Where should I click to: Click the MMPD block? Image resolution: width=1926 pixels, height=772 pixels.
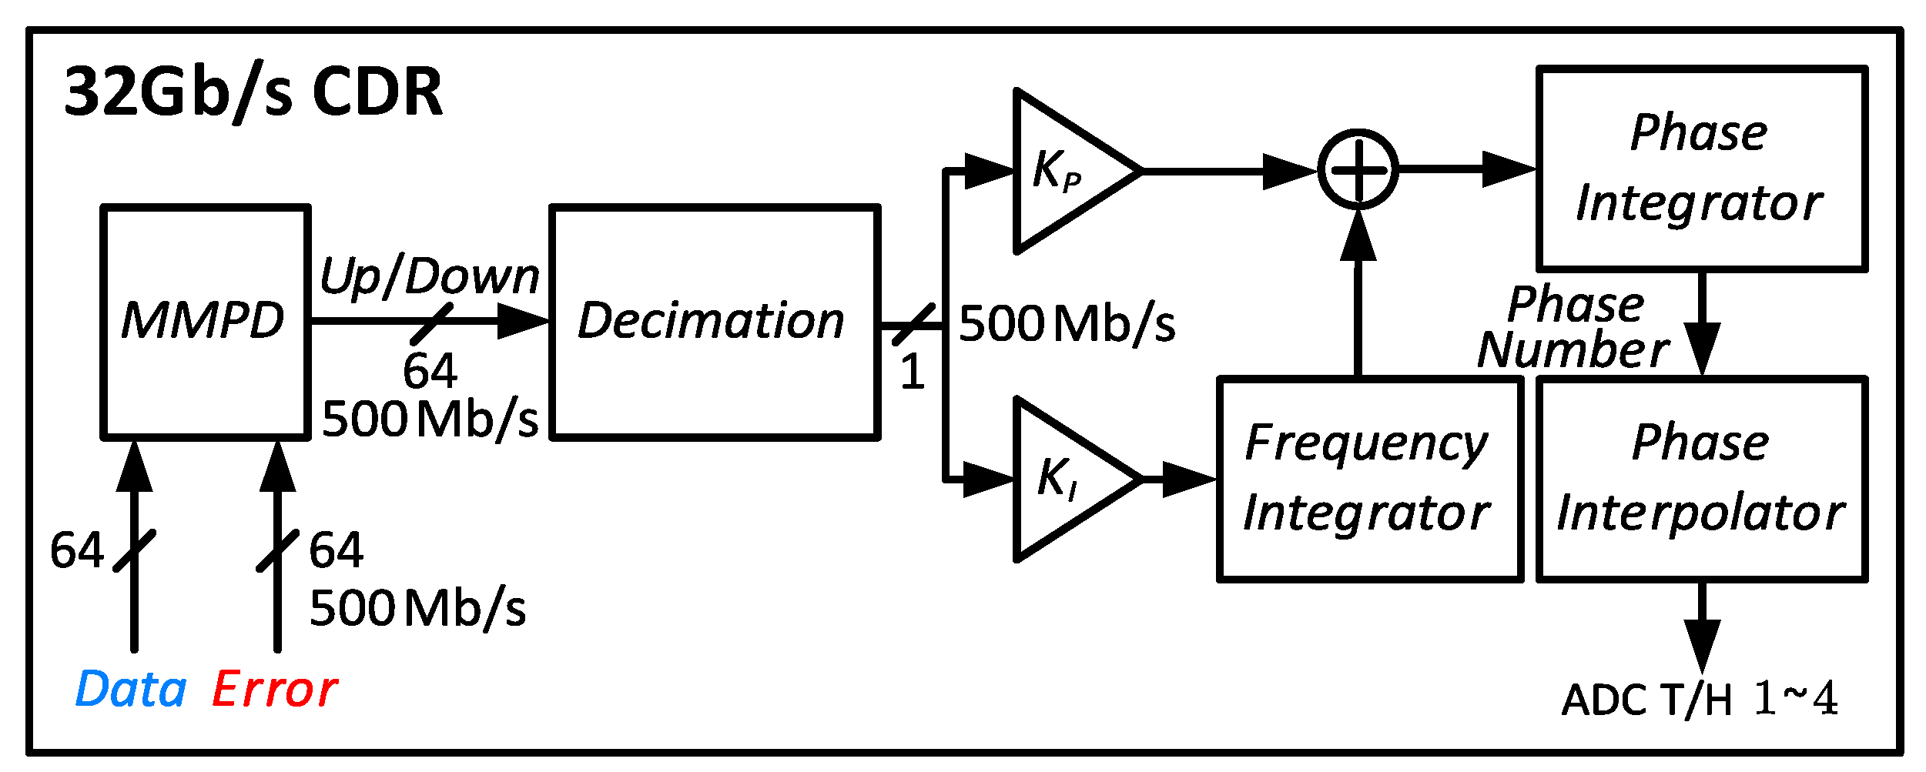click(205, 322)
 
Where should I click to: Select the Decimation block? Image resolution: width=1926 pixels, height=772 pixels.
click(714, 322)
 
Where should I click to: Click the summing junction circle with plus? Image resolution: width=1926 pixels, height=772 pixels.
click(1358, 169)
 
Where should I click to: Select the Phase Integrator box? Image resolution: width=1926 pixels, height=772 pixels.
click(1700, 169)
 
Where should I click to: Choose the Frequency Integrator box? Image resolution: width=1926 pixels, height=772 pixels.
click(1368, 479)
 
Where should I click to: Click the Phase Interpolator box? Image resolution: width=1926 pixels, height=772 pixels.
click(1700, 479)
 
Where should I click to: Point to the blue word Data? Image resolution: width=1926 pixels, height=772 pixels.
click(131, 689)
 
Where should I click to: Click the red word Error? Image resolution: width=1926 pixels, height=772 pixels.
click(274, 689)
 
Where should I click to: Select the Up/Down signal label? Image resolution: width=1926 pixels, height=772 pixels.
click(429, 276)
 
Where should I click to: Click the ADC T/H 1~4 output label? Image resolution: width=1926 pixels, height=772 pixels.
click(1699, 700)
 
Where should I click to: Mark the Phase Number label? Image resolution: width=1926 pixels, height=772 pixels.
click(1574, 327)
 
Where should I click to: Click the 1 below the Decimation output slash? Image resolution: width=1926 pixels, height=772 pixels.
click(912, 373)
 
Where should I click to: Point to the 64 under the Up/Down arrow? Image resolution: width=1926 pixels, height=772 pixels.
click(430, 371)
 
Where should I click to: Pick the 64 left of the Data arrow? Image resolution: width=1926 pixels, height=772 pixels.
click(76, 550)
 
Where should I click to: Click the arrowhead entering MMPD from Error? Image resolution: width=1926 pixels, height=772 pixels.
click(277, 466)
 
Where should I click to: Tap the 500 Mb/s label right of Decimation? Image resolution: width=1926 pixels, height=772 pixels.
click(1067, 323)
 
